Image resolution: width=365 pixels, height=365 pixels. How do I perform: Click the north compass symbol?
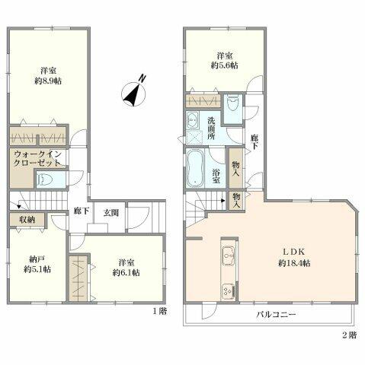click(x=134, y=91)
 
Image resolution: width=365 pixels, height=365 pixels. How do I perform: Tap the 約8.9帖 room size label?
click(x=48, y=81)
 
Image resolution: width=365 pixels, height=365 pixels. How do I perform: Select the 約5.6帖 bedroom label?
click(x=225, y=65)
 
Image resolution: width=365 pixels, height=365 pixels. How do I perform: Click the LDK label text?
click(x=294, y=252)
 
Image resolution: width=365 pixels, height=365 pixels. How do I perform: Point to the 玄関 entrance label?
click(x=111, y=212)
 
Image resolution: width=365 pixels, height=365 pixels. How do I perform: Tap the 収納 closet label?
click(x=27, y=219)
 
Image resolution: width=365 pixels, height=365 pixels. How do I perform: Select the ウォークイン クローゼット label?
click(x=37, y=158)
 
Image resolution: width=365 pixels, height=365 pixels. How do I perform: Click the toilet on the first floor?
click(x=45, y=179)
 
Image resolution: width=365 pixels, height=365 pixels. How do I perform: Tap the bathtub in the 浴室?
click(x=195, y=168)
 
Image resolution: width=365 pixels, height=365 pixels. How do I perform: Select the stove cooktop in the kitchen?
click(x=228, y=291)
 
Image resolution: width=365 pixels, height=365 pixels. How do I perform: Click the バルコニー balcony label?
click(x=276, y=315)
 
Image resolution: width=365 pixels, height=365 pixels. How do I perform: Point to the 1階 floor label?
click(x=160, y=311)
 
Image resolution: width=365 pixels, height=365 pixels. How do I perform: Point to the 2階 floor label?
click(x=349, y=335)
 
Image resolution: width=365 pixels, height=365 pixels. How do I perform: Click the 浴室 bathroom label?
click(x=216, y=176)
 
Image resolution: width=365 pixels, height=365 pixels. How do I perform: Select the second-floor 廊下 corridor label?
click(x=255, y=141)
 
